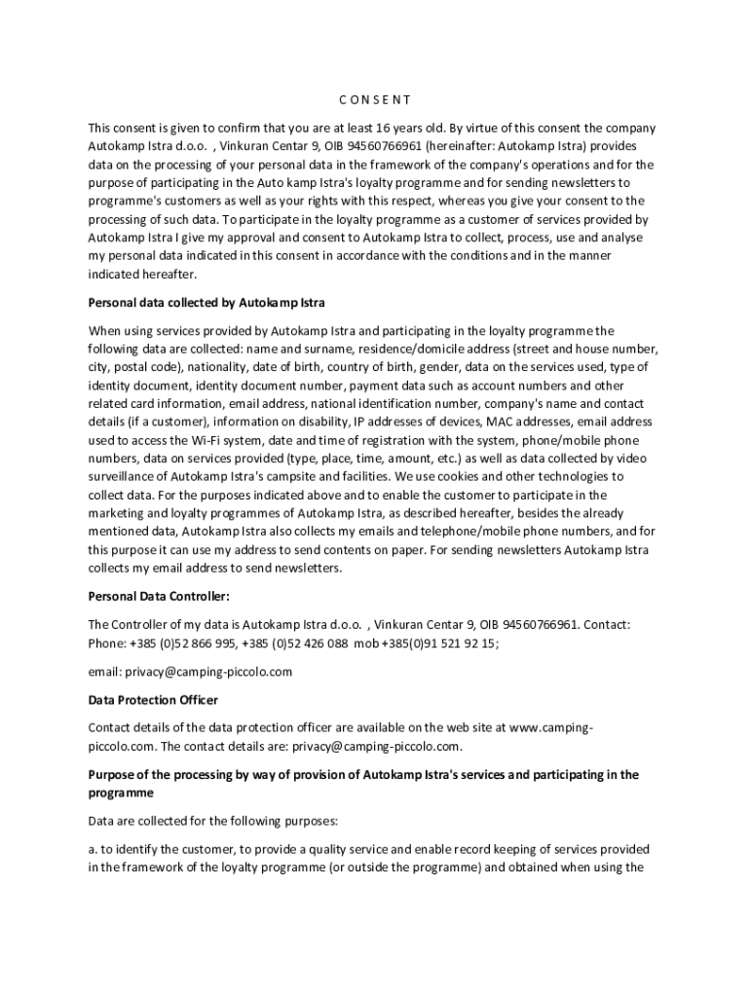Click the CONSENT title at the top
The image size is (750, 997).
(375, 99)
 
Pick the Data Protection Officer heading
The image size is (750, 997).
(153, 700)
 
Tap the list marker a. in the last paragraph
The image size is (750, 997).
(94, 849)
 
